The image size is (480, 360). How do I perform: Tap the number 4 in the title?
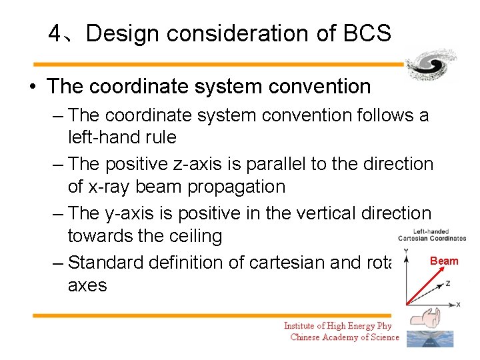tap(55, 33)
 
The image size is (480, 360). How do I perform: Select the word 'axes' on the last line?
tap(87, 285)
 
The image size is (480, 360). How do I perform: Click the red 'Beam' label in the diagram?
tap(444, 261)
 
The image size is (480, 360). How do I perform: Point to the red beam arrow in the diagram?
tap(422, 283)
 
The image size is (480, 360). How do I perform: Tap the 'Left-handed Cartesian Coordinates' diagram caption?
tap(431, 235)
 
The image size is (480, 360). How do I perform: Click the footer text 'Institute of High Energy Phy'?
tap(337, 326)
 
